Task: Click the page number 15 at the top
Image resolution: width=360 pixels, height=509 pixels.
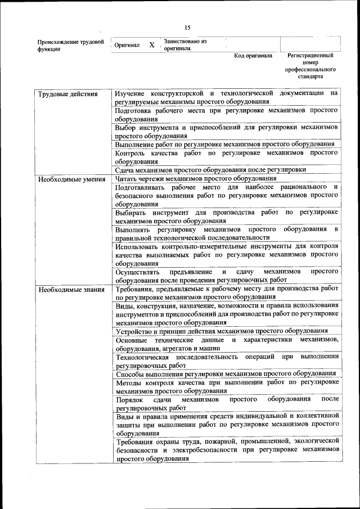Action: [x=187, y=28]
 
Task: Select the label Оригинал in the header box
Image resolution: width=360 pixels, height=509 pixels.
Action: [x=127, y=45]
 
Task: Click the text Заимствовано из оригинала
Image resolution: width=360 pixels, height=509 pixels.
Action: [x=185, y=44]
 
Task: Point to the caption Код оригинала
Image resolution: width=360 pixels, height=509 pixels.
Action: [x=253, y=56]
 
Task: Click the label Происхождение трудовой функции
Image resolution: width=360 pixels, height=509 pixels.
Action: [x=70, y=45]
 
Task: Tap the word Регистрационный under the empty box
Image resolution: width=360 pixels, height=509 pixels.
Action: [x=310, y=56]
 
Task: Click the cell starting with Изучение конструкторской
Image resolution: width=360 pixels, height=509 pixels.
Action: [x=226, y=97]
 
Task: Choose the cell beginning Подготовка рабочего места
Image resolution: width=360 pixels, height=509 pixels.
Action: [x=226, y=115]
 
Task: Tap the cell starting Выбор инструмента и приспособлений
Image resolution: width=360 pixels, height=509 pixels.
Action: [x=226, y=131]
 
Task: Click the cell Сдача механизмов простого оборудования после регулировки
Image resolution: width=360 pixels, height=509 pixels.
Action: [x=210, y=169]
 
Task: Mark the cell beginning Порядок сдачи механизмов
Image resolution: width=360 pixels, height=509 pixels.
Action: [x=226, y=403]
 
